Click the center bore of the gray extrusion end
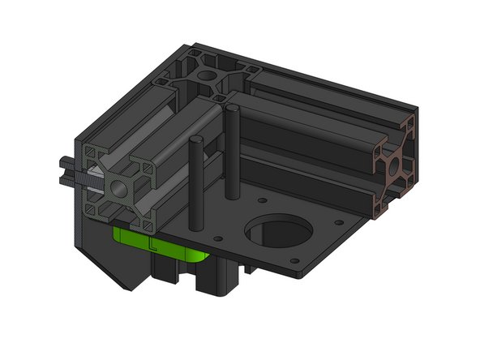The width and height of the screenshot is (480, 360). pos(118,189)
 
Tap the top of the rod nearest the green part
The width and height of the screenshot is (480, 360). pos(195,142)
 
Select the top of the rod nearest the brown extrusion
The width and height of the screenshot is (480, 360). pos(230,109)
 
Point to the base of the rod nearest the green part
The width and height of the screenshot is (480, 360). pos(195,221)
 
